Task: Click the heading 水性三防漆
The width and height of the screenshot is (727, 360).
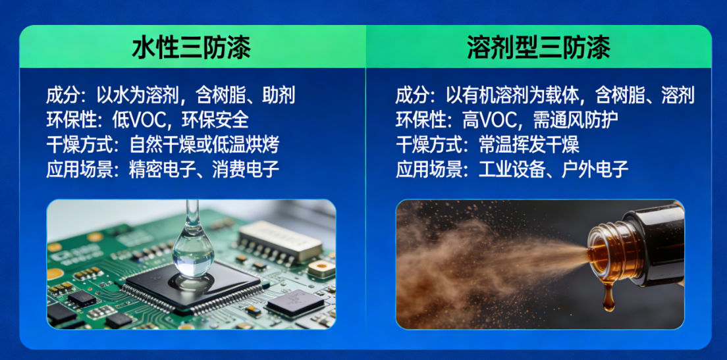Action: pyautogui.click(x=192, y=48)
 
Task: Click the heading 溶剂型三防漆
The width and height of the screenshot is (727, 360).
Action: pyautogui.click(x=539, y=48)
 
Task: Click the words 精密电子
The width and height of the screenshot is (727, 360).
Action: pyautogui.click(x=157, y=169)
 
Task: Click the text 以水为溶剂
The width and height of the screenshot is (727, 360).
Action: pyautogui.click(x=140, y=95)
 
